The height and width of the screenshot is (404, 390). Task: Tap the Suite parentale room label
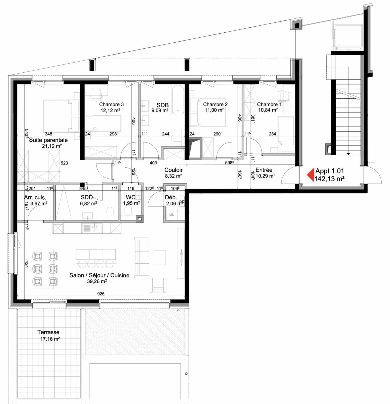coord(48,140)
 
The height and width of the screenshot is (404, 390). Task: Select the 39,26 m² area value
coord(97,281)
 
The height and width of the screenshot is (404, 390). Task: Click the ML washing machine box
coord(171,215)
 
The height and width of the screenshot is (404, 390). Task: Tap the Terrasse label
coord(48,332)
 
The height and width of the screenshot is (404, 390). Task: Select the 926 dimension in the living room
coord(101,294)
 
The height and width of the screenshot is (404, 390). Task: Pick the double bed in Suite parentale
coord(61,116)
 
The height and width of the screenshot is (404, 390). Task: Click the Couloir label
coord(174,170)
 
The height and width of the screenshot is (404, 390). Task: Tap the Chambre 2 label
coord(215,104)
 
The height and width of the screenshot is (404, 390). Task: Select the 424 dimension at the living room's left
coord(27,264)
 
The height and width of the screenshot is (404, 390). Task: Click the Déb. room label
coord(171,198)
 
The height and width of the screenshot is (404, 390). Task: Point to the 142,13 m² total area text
coord(330,179)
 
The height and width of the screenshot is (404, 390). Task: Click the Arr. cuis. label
coord(35,198)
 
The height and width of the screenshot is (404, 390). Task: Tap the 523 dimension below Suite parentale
coord(64,163)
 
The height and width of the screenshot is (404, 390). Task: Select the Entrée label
coord(264,170)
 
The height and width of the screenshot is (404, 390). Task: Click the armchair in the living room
coord(158,285)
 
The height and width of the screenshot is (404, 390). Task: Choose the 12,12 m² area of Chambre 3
coord(111,110)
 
